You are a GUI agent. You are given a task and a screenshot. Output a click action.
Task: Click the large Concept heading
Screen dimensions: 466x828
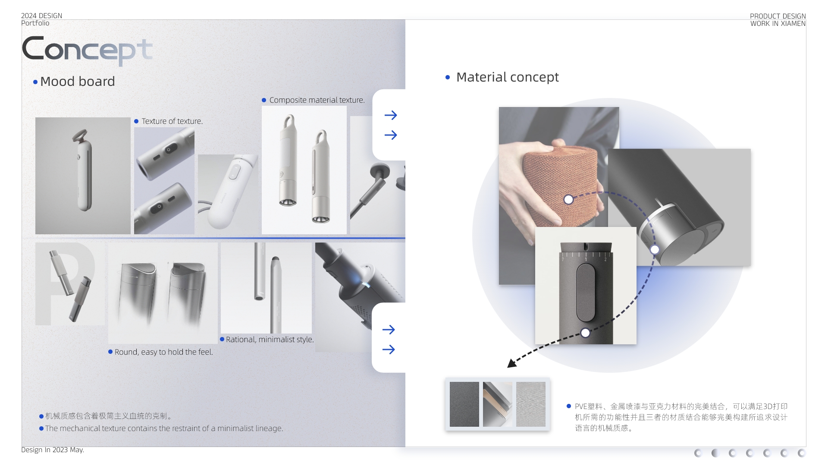(87, 50)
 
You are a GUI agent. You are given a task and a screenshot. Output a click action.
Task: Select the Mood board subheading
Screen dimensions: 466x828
(77, 82)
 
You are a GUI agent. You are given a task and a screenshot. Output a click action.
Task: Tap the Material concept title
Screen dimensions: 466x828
(507, 77)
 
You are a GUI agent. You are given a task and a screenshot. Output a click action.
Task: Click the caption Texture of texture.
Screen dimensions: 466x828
(172, 121)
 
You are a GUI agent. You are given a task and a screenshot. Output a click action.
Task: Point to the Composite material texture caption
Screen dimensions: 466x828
(317, 100)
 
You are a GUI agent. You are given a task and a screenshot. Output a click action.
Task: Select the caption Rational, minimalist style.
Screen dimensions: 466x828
(270, 340)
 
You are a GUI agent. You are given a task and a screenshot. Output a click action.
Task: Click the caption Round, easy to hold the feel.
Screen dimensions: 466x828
(163, 352)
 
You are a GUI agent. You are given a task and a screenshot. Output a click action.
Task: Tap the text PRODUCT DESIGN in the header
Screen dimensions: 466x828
(778, 16)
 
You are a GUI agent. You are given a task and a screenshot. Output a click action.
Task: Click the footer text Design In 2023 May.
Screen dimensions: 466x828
(53, 450)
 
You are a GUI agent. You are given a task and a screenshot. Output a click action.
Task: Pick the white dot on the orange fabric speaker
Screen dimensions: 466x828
(568, 199)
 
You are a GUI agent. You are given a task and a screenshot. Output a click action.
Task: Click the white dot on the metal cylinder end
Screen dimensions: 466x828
(655, 249)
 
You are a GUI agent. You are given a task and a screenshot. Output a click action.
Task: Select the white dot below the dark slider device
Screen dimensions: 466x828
(585, 333)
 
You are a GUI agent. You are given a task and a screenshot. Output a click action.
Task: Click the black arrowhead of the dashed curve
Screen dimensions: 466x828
(512, 363)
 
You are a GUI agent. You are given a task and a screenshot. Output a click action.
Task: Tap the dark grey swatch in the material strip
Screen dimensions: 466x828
(464, 404)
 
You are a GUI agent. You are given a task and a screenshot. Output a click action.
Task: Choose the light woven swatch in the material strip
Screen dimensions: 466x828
(530, 404)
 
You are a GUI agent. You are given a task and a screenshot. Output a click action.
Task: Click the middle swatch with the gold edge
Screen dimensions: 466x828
(497, 404)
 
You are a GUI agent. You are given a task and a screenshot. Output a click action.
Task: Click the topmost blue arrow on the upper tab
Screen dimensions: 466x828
(391, 115)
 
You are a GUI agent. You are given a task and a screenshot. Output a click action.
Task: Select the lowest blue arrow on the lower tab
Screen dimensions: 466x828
(389, 349)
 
